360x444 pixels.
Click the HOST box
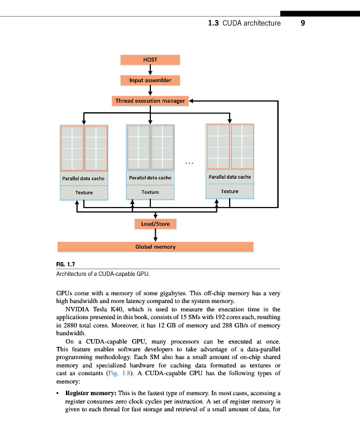(x=150, y=60)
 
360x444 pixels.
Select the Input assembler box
(x=150, y=80)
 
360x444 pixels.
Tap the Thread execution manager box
(x=150, y=101)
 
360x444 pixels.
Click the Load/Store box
(x=156, y=224)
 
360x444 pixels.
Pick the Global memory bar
(x=156, y=246)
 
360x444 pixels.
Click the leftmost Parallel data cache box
(x=84, y=178)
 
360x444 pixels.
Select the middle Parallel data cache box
(x=150, y=178)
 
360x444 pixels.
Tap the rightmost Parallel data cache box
(x=230, y=177)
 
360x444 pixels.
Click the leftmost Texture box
(x=84, y=193)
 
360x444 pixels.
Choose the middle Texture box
(x=150, y=192)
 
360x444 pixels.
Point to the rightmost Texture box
(x=230, y=191)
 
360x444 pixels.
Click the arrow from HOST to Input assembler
(x=150, y=70)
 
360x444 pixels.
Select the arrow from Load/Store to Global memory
(x=156, y=235)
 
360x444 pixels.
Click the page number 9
(x=303, y=23)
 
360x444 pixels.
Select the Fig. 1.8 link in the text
(x=118, y=374)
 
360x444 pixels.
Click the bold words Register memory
(x=89, y=392)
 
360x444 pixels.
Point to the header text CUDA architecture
(x=251, y=23)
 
